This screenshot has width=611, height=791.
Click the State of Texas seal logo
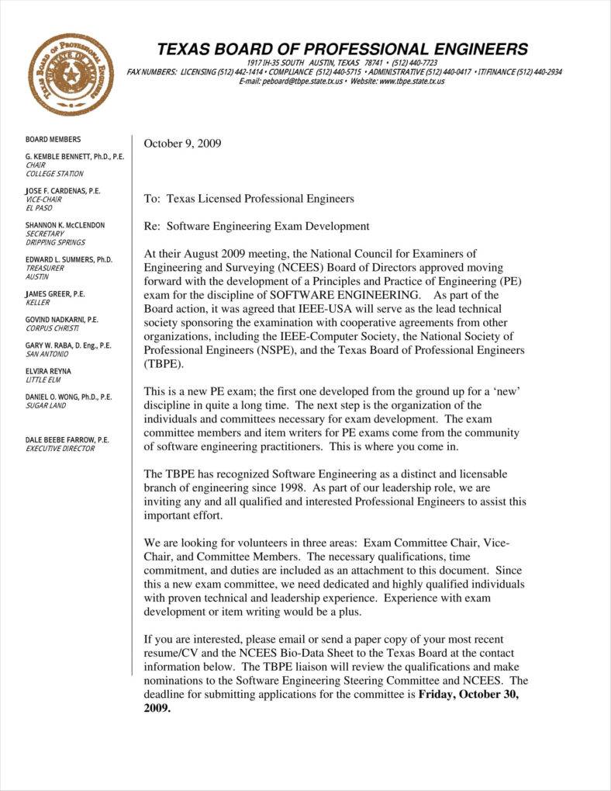(x=71, y=75)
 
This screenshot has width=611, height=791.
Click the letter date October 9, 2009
(x=183, y=143)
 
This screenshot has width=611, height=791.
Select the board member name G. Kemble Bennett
(x=74, y=157)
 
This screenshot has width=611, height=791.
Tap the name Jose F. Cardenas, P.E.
(x=63, y=191)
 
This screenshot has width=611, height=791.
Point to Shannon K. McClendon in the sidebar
(x=65, y=225)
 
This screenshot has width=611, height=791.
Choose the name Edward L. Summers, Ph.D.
(x=69, y=259)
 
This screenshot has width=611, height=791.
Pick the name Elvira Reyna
(x=48, y=371)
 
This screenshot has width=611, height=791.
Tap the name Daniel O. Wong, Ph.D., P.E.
(x=68, y=397)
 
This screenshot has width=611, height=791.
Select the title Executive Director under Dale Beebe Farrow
(x=60, y=449)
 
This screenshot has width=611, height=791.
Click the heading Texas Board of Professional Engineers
(x=342, y=50)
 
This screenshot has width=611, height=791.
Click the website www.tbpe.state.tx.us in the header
(x=412, y=81)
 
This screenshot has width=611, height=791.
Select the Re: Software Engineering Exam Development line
(x=257, y=226)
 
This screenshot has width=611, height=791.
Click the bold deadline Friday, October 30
(x=468, y=694)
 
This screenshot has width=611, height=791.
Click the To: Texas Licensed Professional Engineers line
(x=249, y=199)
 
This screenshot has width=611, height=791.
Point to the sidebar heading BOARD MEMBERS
(x=53, y=140)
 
